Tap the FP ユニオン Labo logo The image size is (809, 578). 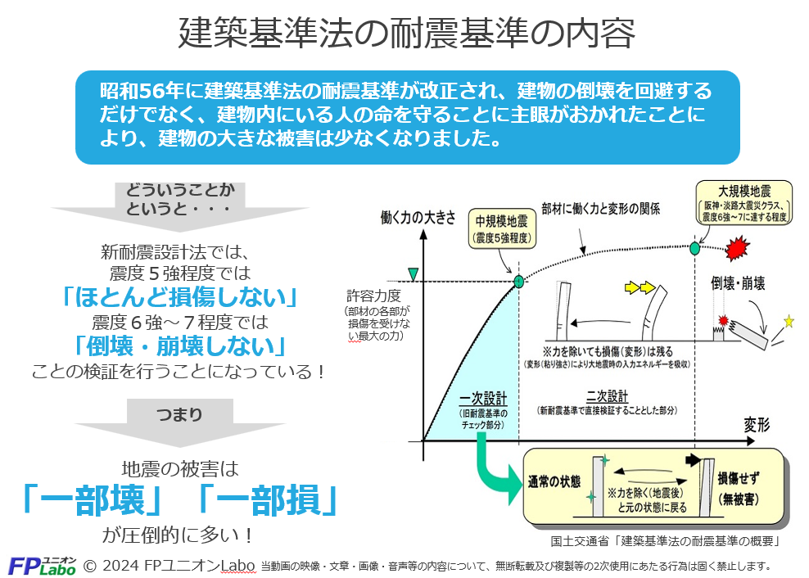coord(42,564)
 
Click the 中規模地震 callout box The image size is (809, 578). coord(503,230)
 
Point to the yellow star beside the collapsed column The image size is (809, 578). coord(789,321)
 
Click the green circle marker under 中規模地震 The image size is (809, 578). coord(518,282)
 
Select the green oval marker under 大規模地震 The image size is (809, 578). coord(695,247)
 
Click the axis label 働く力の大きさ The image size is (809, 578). coord(418,218)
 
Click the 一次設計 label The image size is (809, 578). coord(482,399)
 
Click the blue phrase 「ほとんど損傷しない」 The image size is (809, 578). coord(179,296)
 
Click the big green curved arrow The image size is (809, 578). coord(495,470)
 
